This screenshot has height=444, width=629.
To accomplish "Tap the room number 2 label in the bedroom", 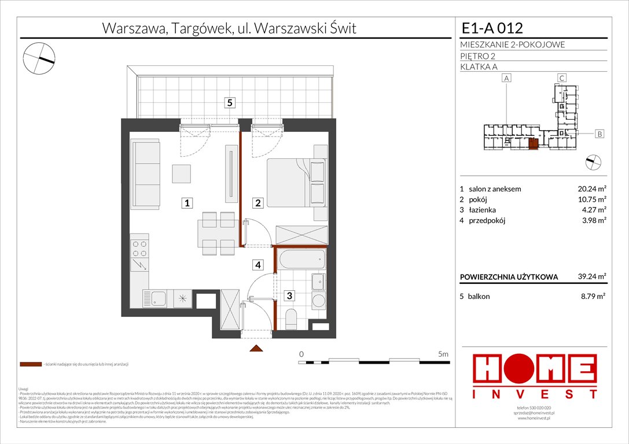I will [259, 203].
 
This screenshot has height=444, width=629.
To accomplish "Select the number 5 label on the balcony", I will [230, 103].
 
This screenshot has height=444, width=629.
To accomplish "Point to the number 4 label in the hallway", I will [259, 265].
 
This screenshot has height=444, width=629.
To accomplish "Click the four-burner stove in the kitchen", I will [139, 248].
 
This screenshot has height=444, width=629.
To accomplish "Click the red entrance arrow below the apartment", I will [256, 348].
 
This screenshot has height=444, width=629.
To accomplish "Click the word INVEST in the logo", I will [535, 394].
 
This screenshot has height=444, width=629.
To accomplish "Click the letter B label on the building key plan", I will [599, 134].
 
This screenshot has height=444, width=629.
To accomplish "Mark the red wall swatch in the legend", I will [31, 365].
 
